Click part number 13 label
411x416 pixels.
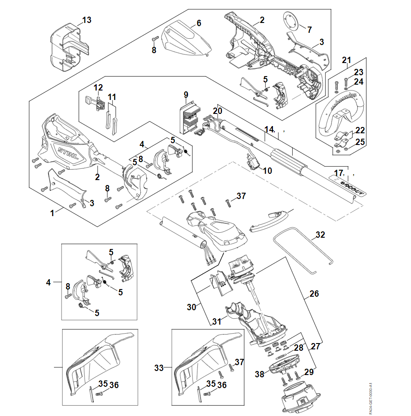(x=87, y=20)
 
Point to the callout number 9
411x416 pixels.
(x=186, y=95)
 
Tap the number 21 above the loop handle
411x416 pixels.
(x=346, y=60)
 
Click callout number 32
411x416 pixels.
(x=320, y=235)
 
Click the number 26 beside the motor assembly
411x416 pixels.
(x=314, y=294)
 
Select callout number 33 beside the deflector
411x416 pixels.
(x=159, y=368)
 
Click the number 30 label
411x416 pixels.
(x=192, y=307)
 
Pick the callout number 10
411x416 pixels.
(x=268, y=171)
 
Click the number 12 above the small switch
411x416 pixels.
(x=98, y=87)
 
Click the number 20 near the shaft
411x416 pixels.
(x=218, y=111)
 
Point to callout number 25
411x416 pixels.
(x=361, y=142)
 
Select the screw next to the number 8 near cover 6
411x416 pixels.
(x=155, y=39)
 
